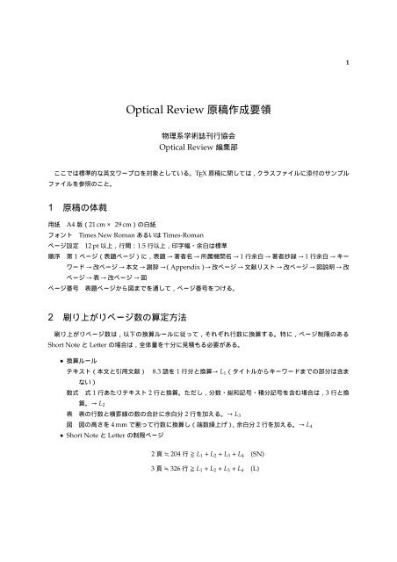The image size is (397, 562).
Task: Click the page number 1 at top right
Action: click(x=349, y=61)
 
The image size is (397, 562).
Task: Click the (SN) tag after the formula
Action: click(x=258, y=479)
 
